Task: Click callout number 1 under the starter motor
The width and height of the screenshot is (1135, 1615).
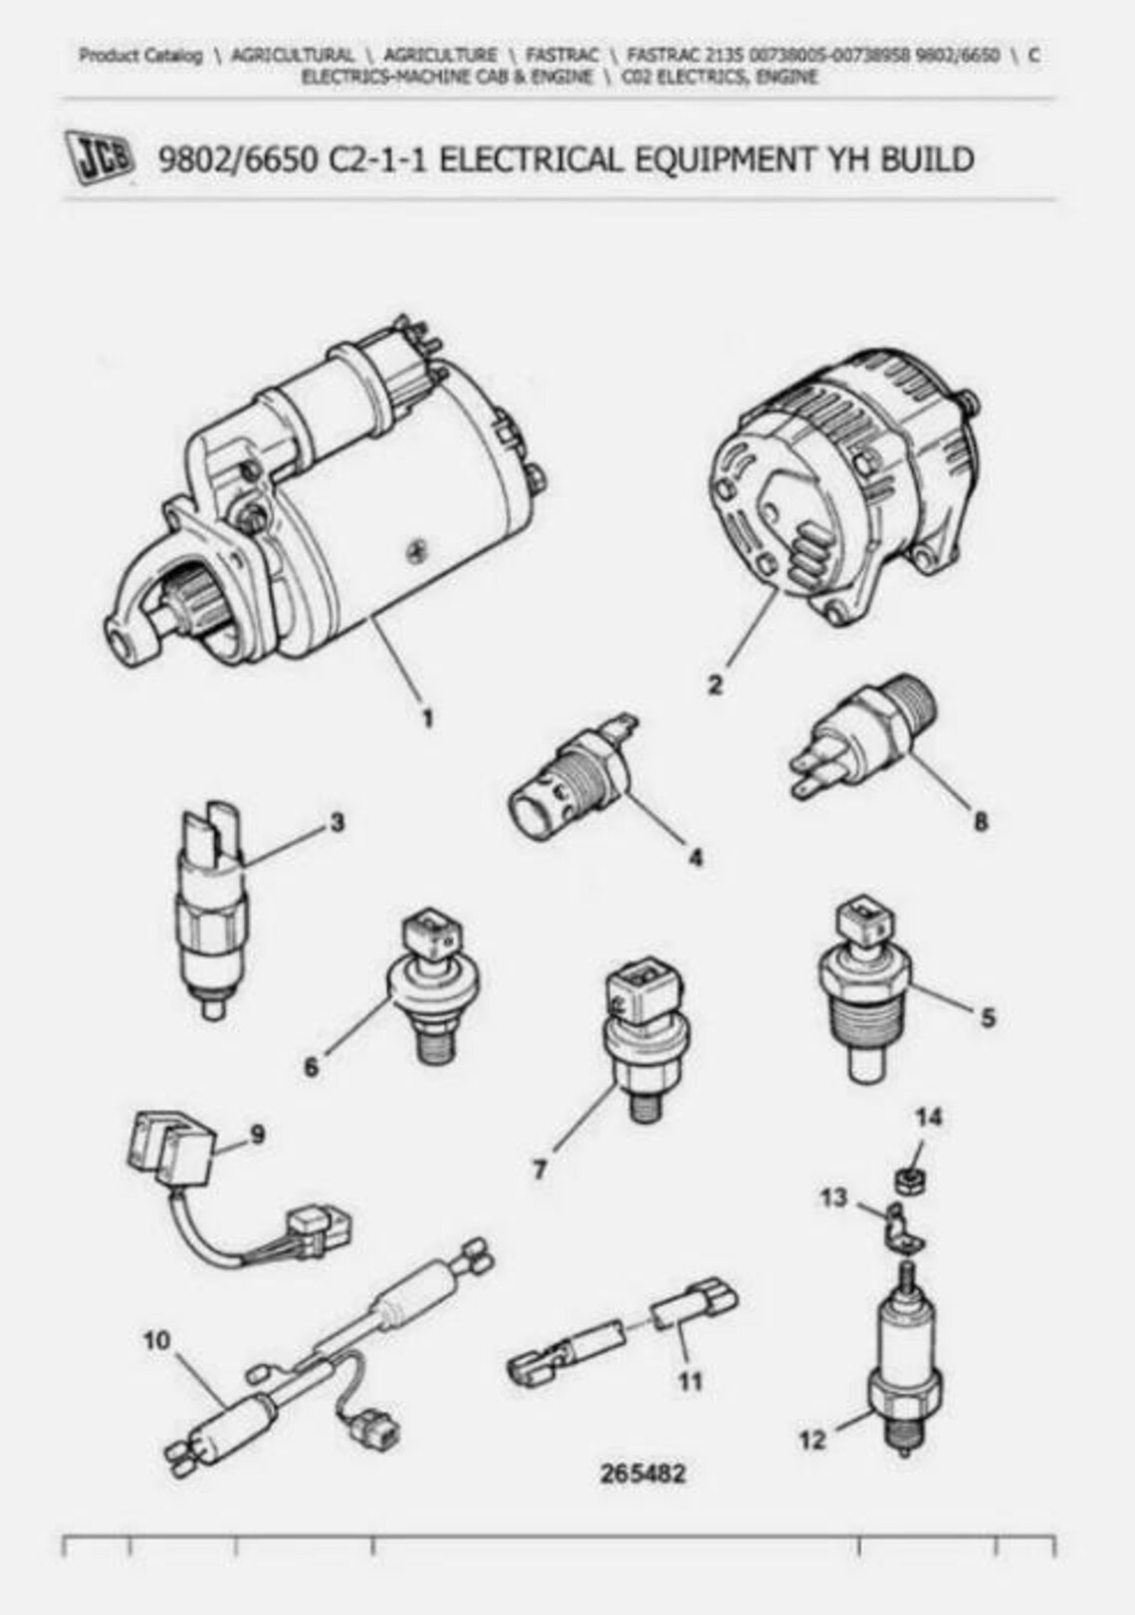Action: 427,718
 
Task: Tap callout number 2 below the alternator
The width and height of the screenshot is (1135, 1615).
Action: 716,685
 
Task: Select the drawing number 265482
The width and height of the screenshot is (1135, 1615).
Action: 642,1474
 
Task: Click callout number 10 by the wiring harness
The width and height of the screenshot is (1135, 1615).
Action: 156,1340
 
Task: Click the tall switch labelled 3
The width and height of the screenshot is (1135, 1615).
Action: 211,907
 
